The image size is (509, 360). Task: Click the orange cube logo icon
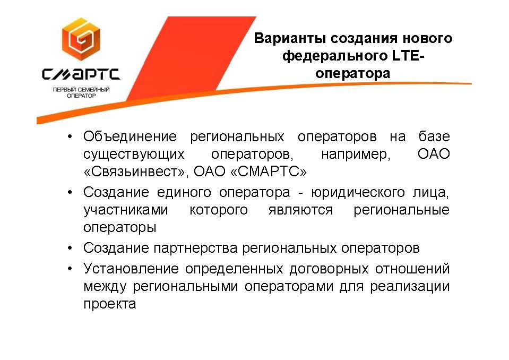coord(81,39)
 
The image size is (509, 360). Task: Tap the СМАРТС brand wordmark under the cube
coord(81,74)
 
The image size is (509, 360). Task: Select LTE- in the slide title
coord(408,56)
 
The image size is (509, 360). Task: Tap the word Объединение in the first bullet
coord(130,136)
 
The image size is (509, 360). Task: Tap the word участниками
coord(126,210)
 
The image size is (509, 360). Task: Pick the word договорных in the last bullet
coord(329,269)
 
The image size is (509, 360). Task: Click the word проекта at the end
coord(110,304)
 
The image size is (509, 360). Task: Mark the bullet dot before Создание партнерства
coord(70,248)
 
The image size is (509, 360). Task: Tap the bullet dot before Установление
coord(70,269)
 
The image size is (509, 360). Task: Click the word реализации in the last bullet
coord(410,287)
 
